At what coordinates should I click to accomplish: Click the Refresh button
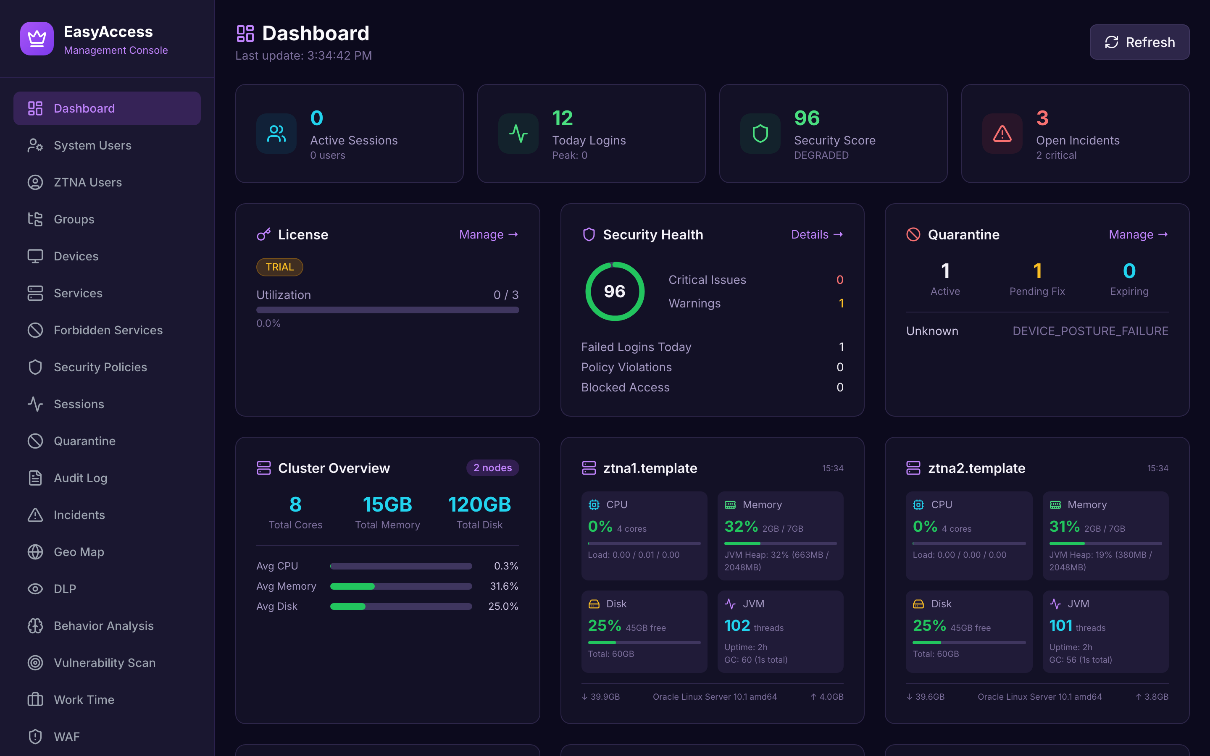1139,42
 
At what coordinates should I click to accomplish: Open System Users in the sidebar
92,145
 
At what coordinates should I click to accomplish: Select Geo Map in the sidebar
79,552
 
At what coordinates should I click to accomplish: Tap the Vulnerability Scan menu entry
105,663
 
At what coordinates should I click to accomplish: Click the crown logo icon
37,39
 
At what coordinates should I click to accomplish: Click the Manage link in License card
488,234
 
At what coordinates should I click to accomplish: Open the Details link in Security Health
816,234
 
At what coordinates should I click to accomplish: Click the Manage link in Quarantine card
1137,234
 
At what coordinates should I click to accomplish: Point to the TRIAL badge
279,267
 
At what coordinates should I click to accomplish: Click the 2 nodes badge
492,468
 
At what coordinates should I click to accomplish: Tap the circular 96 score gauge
615,291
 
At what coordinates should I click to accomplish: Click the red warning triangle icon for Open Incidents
1002,134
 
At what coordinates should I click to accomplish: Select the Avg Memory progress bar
401,586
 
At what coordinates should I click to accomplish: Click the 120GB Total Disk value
479,504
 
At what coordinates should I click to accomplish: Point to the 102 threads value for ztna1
737,625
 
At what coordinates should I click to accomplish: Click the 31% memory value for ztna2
1064,527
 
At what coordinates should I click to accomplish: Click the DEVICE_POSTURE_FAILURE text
1090,331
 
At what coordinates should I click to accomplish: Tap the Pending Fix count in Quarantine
1037,271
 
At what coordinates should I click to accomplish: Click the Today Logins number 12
562,118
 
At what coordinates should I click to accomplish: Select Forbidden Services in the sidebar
108,331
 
